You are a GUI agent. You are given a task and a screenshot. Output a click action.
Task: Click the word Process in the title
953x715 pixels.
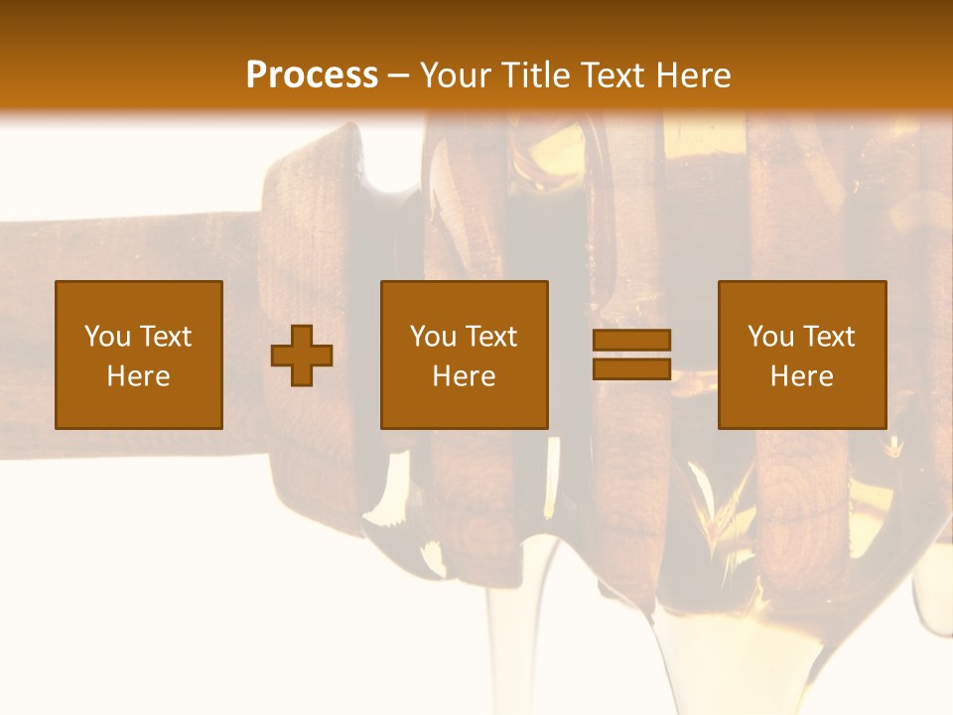[312, 75]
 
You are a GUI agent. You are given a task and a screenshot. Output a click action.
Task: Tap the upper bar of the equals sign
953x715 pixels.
[631, 340]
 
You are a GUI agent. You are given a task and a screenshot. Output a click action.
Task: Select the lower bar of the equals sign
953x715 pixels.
[631, 369]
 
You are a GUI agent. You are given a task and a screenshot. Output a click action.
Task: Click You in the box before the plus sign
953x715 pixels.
[106, 337]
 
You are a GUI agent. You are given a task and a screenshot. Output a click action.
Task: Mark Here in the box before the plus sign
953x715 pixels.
[138, 376]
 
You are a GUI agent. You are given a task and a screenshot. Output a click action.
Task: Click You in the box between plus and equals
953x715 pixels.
[433, 337]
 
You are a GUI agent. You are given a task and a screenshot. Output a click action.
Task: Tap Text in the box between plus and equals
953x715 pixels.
[489, 337]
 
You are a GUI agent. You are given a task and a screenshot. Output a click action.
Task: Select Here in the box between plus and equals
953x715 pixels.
[464, 376]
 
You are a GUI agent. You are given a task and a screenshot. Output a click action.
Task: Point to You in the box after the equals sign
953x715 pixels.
[770, 337]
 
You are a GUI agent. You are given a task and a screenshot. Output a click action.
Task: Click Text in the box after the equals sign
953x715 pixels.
[827, 337]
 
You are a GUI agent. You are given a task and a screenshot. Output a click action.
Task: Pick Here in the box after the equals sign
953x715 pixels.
[801, 376]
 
